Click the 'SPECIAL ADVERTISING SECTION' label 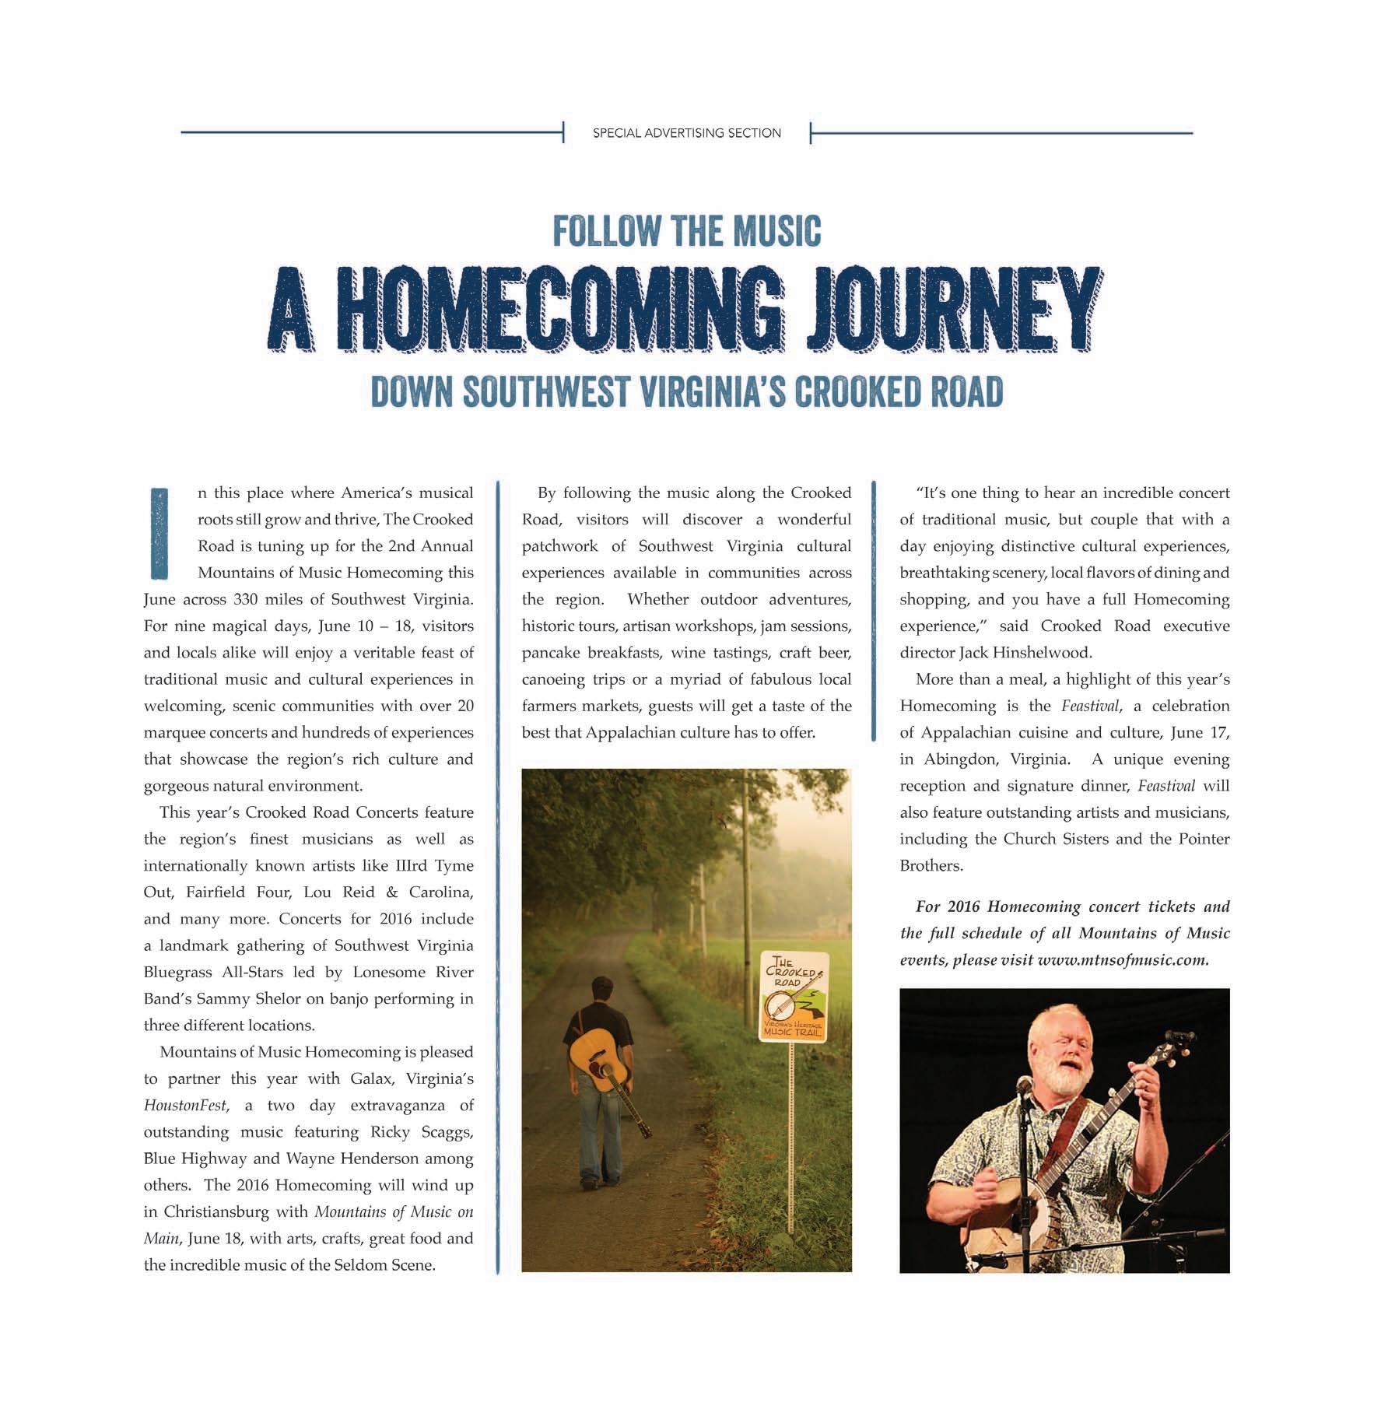[x=686, y=133]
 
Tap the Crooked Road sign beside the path [x=794, y=997]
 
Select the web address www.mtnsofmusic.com [x=1123, y=960]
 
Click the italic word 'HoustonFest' [x=185, y=1106]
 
